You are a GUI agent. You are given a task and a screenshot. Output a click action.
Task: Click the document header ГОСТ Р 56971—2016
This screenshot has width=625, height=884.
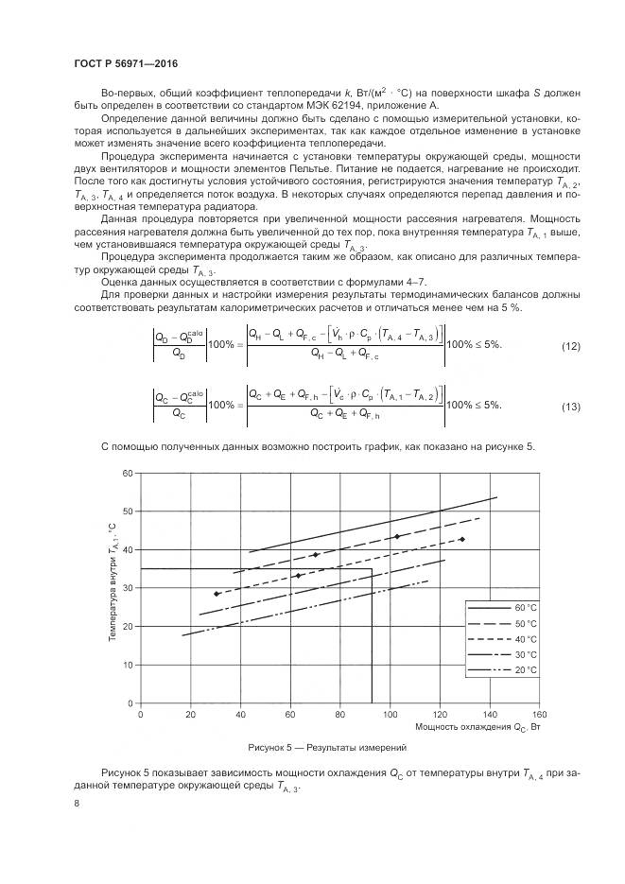click(x=126, y=63)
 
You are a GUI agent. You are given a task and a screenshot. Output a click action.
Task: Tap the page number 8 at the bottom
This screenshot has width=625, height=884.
click(x=76, y=804)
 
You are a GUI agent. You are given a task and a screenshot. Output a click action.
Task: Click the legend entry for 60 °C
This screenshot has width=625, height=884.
click(x=501, y=608)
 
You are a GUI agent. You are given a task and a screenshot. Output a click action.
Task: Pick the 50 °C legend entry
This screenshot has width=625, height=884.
click(x=501, y=623)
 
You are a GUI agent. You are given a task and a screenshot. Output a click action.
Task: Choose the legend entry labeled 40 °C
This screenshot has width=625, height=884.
click(x=501, y=639)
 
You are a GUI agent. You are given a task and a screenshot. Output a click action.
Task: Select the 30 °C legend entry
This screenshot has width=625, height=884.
click(x=501, y=654)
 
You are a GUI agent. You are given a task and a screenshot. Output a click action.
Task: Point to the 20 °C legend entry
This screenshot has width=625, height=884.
click(x=501, y=669)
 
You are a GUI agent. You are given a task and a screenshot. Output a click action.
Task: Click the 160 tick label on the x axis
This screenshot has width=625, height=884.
click(x=539, y=715)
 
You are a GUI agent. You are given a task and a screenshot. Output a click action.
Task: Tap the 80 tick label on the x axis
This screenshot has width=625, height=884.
click(x=340, y=715)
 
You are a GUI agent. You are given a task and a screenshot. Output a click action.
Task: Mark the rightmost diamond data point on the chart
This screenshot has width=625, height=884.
click(x=461, y=540)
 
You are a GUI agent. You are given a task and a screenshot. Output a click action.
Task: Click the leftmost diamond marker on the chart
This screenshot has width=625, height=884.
click(x=217, y=594)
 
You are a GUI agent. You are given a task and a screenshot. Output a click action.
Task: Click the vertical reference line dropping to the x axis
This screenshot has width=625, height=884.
click(x=372, y=643)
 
